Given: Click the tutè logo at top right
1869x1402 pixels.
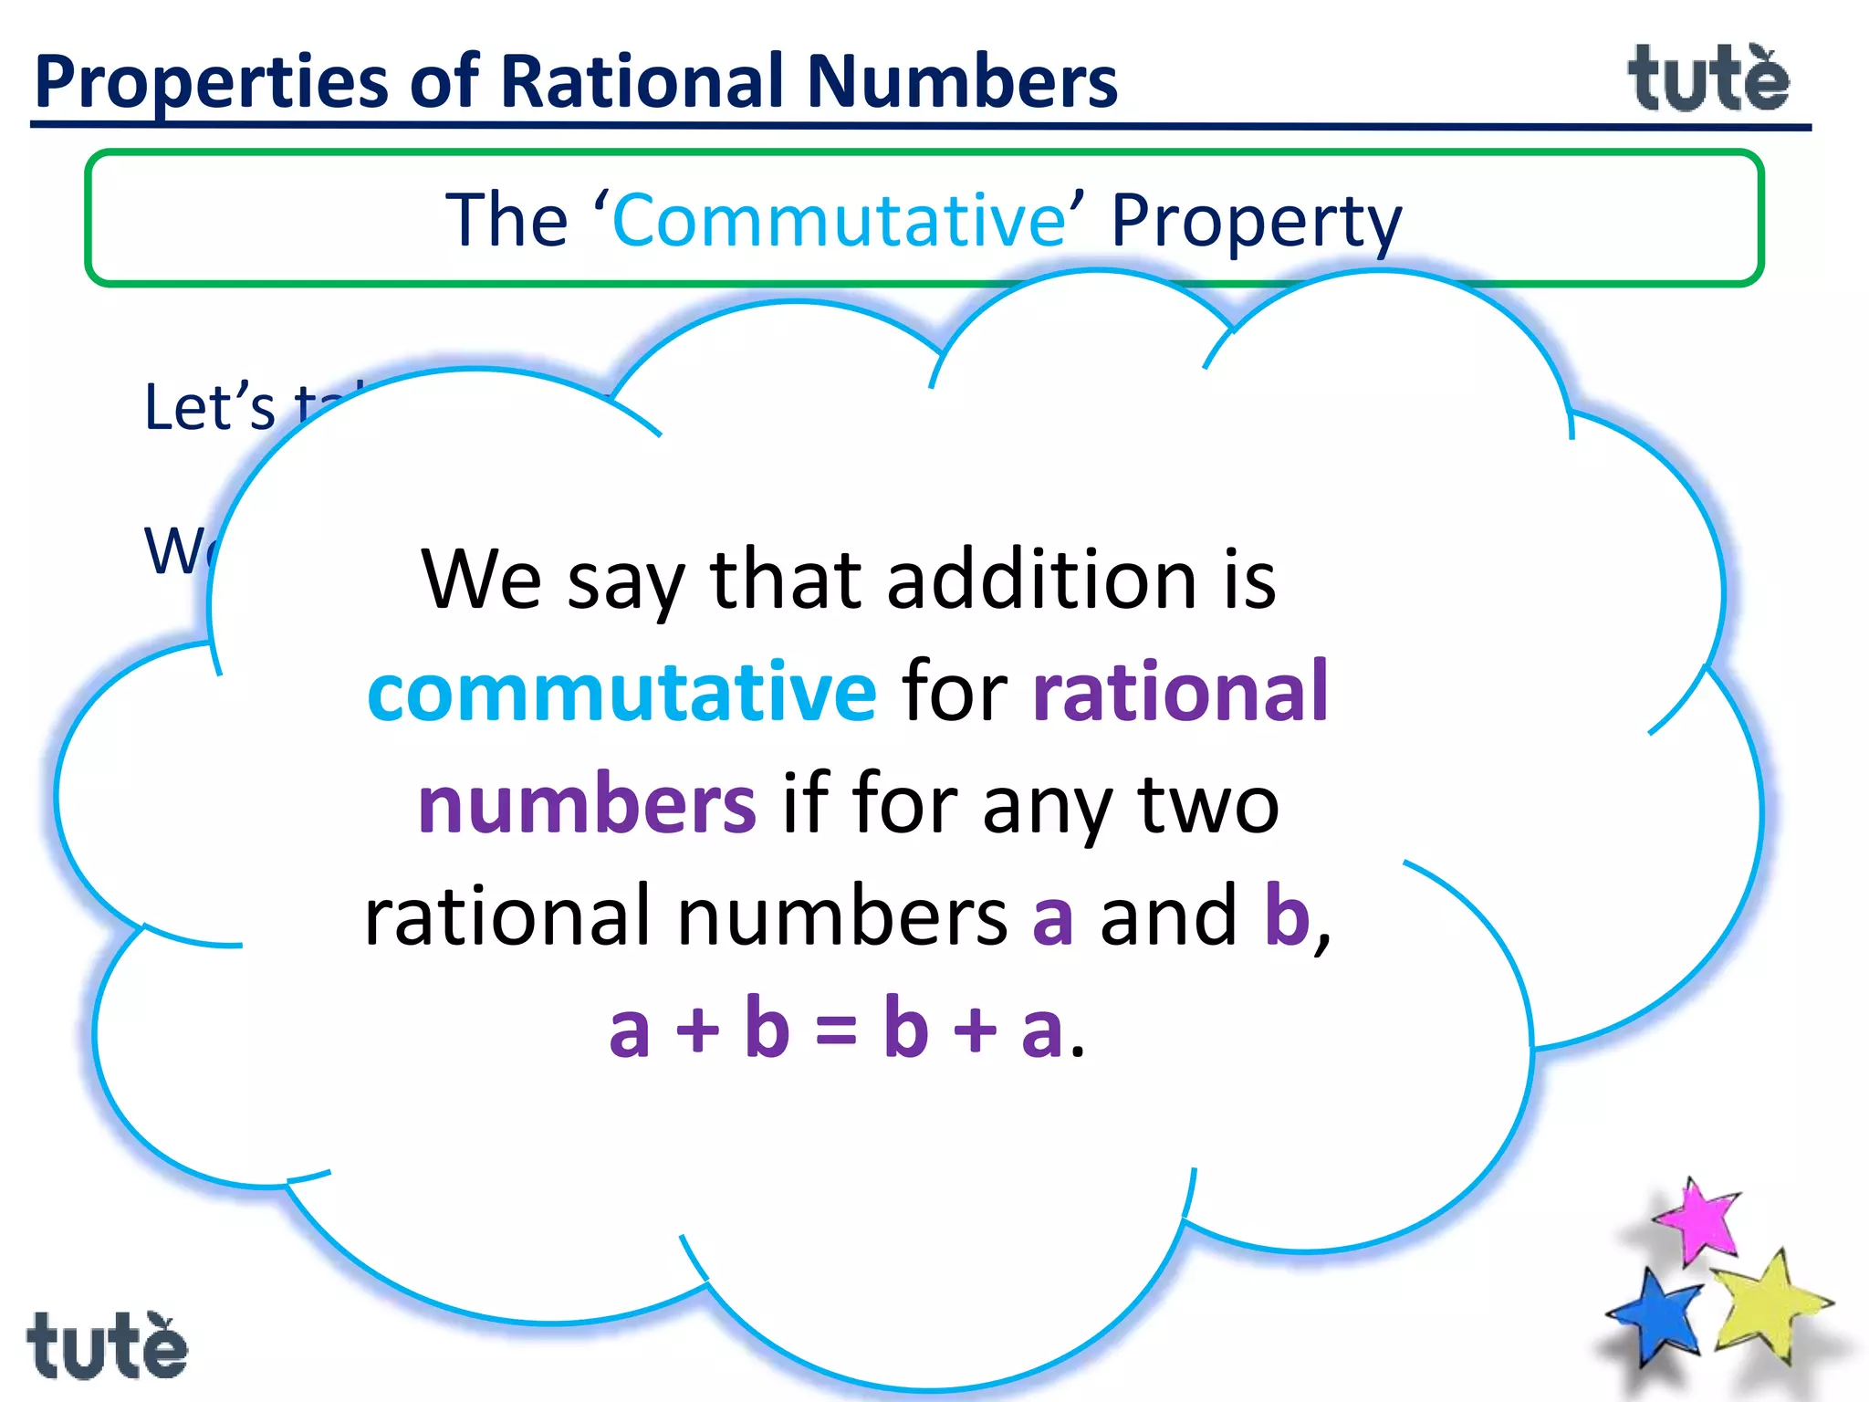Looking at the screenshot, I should click(1708, 80).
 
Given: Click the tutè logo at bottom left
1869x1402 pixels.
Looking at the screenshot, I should click(107, 1346).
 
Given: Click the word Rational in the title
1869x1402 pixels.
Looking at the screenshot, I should click(642, 82).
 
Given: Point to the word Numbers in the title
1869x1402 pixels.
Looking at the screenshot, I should click(962, 82).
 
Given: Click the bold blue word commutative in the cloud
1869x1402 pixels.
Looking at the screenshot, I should click(621, 693).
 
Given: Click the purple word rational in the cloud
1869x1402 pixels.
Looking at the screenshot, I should click(1180, 693).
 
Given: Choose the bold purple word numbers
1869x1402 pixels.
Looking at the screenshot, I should click(587, 805).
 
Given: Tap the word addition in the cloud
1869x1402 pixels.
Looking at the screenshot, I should click(1041, 581).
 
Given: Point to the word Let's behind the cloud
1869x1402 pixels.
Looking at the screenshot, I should click(209, 407).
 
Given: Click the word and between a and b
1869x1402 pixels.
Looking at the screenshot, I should click(1168, 916).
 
